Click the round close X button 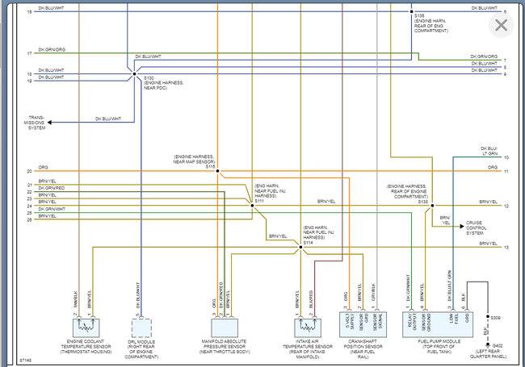[501, 25]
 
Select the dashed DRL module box [140, 327]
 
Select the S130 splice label [149, 77]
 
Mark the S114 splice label [308, 242]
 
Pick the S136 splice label [422, 202]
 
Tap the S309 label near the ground [496, 319]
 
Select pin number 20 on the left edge [29, 171]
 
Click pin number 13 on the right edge [506, 248]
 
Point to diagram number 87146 [27, 360]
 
